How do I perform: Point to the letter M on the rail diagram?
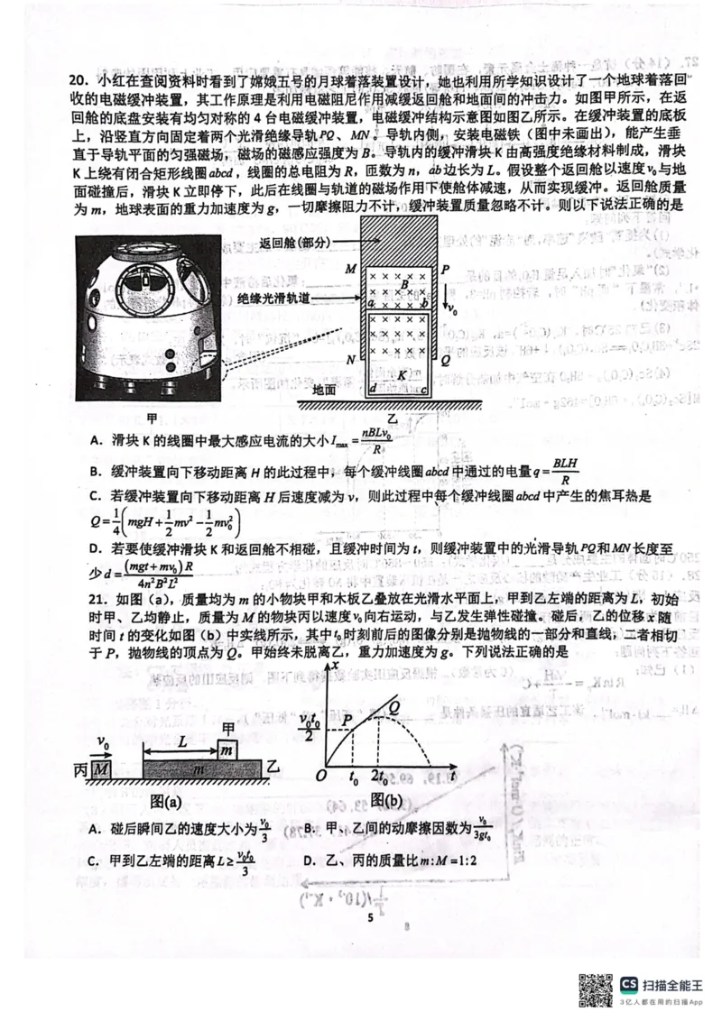tap(351, 269)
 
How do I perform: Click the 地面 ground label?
tap(324, 390)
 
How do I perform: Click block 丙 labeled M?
tap(100, 768)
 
